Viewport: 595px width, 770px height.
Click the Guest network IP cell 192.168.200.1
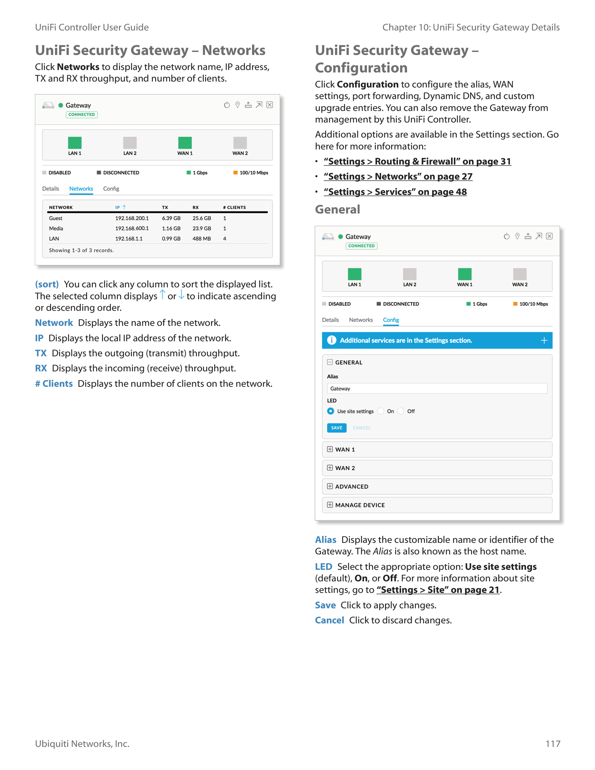coord(132,218)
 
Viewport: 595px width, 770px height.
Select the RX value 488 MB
coord(202,239)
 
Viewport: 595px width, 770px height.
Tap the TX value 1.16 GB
coord(171,229)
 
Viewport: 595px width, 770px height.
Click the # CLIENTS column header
coord(234,207)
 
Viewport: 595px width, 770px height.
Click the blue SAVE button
coord(336,428)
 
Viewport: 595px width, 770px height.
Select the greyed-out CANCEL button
coord(361,428)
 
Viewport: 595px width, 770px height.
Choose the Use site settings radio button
coord(331,411)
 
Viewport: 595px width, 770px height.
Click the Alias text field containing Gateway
coord(437,388)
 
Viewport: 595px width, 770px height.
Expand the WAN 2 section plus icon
coord(330,468)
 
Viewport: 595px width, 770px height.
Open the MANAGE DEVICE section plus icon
coord(330,505)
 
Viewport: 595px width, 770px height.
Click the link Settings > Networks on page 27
coord(398,176)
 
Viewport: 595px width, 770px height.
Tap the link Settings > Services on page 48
coord(395,192)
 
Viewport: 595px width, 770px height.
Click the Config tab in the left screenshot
coord(111,189)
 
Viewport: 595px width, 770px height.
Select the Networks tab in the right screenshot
coord(360,320)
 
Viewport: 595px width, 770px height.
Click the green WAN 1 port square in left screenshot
coord(185,143)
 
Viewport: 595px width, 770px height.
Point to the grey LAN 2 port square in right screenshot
coord(409,274)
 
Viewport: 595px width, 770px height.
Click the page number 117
coord(553,744)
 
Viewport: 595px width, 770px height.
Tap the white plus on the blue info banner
coord(544,340)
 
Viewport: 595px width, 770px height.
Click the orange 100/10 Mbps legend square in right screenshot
coord(515,304)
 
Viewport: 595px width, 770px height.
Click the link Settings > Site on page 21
coord(438,590)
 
